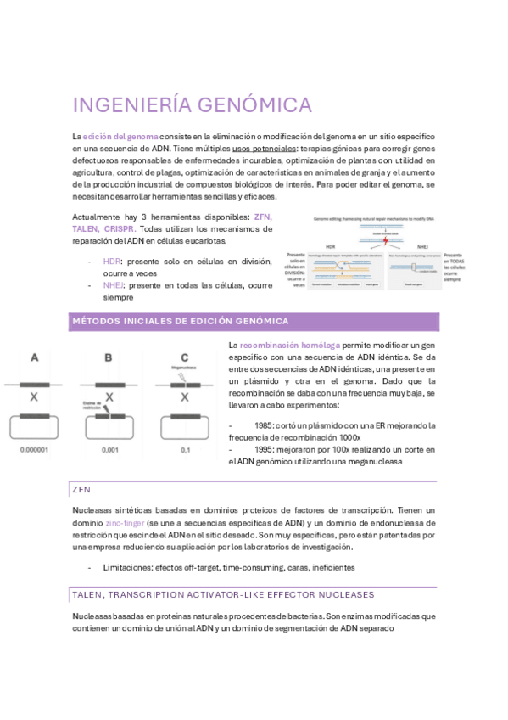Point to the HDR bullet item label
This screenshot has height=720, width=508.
pyautogui.click(x=112, y=262)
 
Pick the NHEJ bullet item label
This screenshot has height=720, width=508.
pyautogui.click(x=114, y=286)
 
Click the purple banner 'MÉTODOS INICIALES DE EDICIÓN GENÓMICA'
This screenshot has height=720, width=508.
pyautogui.click(x=180, y=321)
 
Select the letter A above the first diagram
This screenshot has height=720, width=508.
pyautogui.click(x=35, y=358)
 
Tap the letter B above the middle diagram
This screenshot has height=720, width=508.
pyautogui.click(x=108, y=358)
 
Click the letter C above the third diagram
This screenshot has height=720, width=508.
pyautogui.click(x=185, y=358)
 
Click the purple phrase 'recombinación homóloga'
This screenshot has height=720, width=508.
pyautogui.click(x=290, y=346)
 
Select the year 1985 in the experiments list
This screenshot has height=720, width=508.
pyautogui.click(x=265, y=425)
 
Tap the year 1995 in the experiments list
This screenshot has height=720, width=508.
pyautogui.click(x=265, y=448)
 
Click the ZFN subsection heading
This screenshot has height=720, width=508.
pyautogui.click(x=81, y=490)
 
